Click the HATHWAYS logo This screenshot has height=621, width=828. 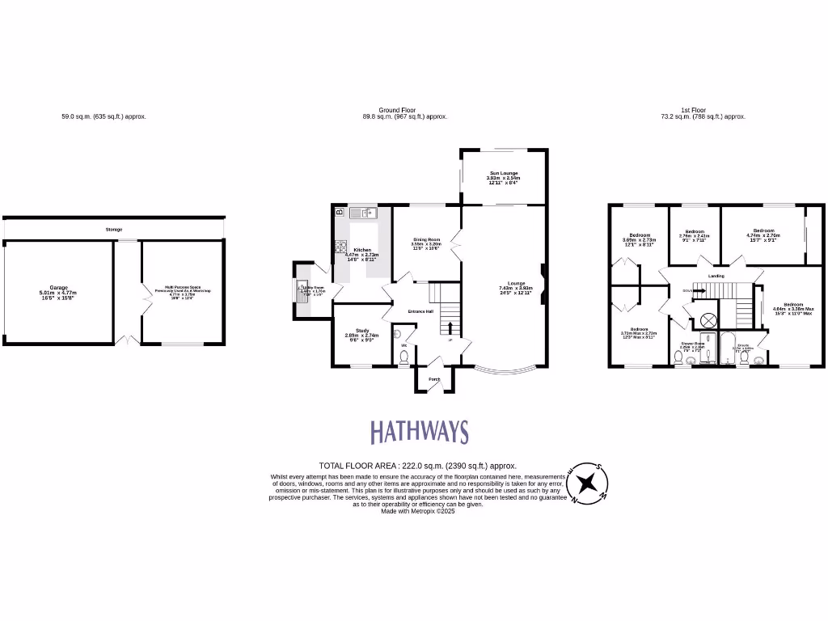[x=419, y=432]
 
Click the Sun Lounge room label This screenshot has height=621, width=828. [x=504, y=174]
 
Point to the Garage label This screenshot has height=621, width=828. [x=58, y=289]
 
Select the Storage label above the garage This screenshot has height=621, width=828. [x=114, y=230]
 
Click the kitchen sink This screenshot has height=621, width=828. [x=365, y=213]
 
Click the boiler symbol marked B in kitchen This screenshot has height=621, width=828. [x=339, y=212]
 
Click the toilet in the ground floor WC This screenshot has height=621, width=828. [x=403, y=356]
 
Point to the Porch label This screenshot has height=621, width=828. [x=434, y=379]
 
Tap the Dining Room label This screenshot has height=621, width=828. [x=427, y=240]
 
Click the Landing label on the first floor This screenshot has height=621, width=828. [x=716, y=277]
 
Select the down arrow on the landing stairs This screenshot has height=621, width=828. [x=691, y=289]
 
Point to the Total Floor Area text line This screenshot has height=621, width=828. [x=417, y=466]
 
